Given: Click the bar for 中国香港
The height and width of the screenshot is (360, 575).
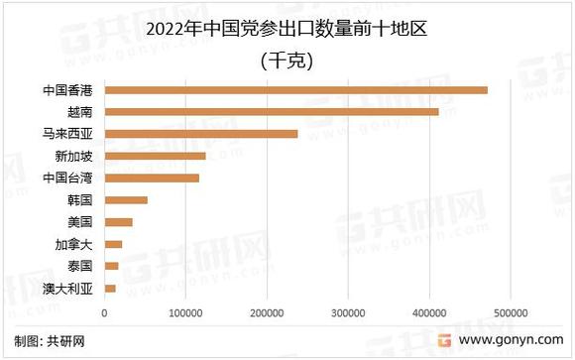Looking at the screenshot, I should tap(295, 90).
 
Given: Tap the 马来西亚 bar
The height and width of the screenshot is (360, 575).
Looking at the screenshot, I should tap(200, 134).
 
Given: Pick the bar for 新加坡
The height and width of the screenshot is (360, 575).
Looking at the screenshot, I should tap(155, 156).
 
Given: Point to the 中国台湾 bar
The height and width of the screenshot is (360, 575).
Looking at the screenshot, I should tap(152, 179).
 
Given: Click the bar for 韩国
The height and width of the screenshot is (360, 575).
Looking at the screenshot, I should tap(126, 200).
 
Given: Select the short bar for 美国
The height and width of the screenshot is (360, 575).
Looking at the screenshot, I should tap(118, 222).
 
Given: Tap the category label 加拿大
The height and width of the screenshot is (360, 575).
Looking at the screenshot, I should tap(74, 244).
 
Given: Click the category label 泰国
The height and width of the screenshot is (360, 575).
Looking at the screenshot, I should tap(79, 266).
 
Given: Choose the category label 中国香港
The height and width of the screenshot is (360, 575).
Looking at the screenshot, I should tap(67, 90).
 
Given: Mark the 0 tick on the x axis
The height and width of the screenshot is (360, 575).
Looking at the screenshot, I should tap(104, 313).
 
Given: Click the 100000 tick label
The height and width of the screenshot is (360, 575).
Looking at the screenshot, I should tap(185, 313).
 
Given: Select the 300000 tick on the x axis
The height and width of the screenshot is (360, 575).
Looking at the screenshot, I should tap(348, 313).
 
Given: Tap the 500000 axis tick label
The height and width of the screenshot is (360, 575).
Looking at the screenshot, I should tap(511, 313).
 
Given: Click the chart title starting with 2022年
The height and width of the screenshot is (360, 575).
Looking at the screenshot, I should tap(287, 27).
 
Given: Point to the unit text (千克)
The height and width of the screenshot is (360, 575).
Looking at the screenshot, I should tap(287, 60).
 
